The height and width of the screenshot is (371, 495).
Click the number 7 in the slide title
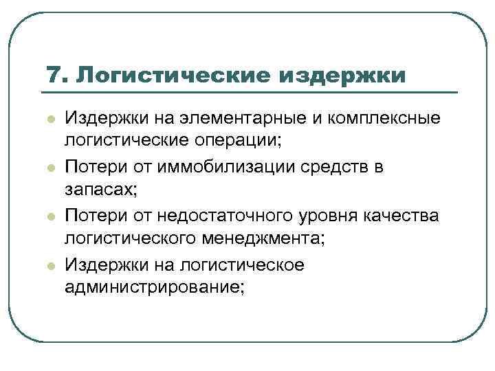click(x=52, y=74)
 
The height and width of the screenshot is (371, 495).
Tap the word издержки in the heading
click(x=342, y=74)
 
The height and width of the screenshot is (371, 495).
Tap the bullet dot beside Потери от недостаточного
click(x=50, y=216)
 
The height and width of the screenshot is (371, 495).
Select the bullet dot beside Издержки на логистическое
click(x=50, y=265)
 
